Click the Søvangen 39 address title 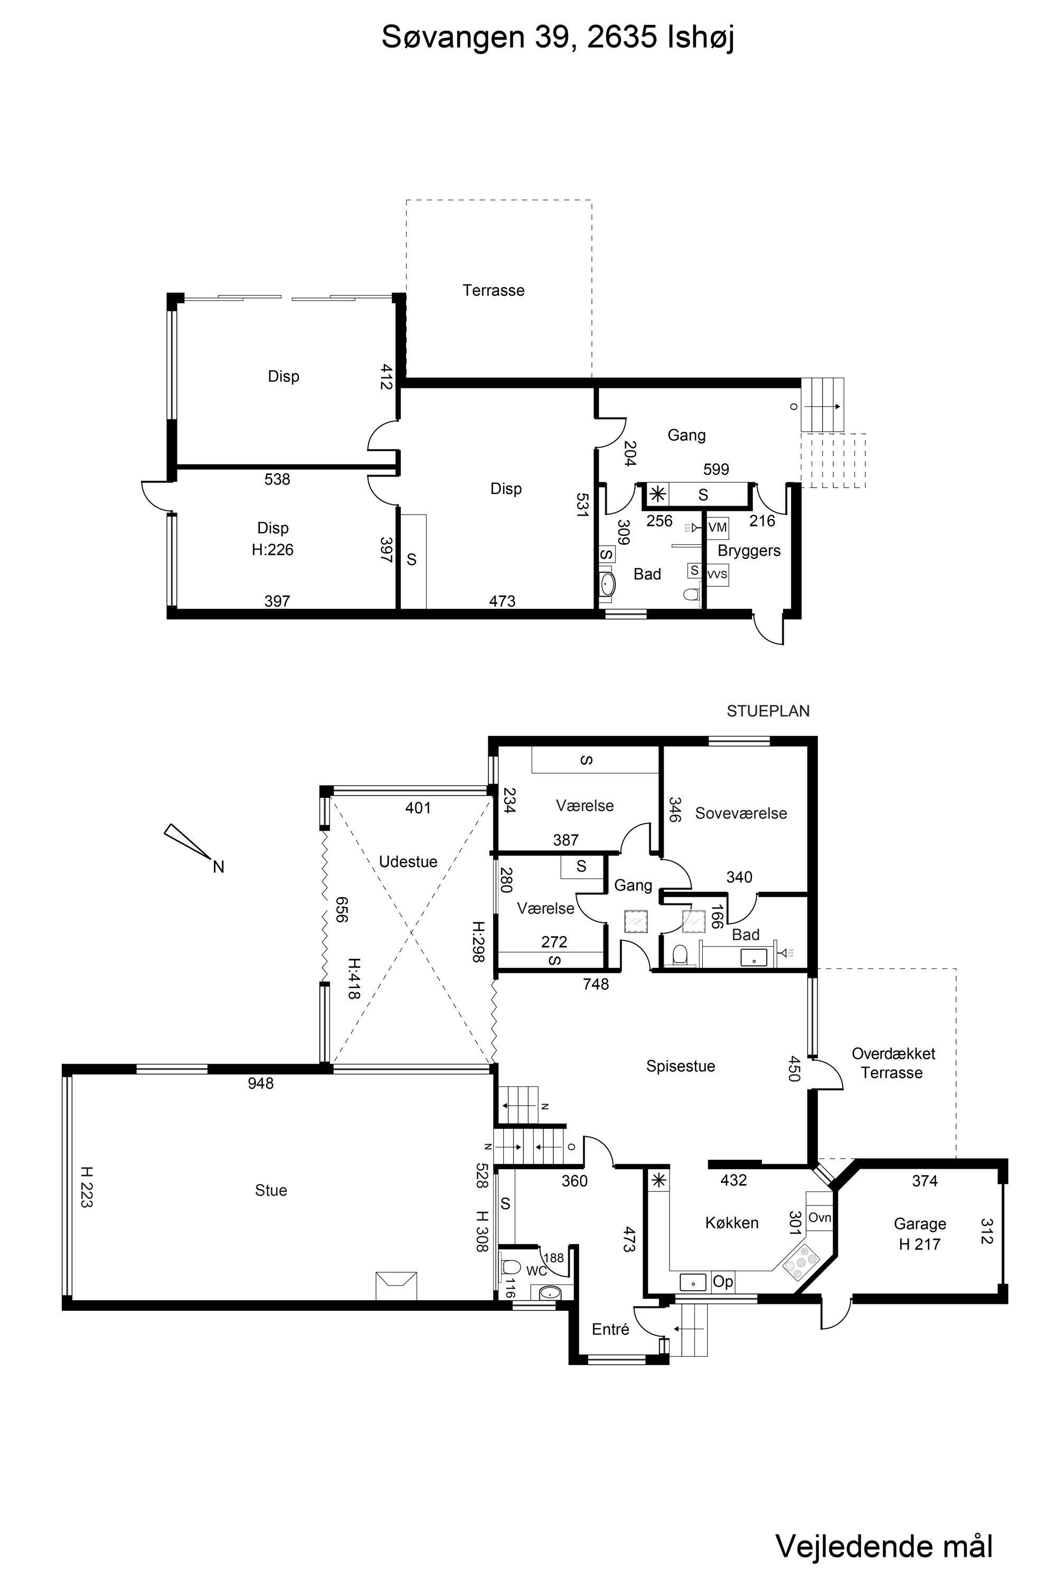point(558,38)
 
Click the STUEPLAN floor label point(768,711)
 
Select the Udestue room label point(408,861)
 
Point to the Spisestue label point(680,1066)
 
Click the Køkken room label point(731,1223)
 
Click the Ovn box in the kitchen point(819,1218)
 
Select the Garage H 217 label point(920,1234)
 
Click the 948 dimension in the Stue point(261,1083)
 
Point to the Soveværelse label point(741,814)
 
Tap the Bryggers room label point(749,551)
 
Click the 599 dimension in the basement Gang point(716,469)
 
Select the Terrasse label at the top point(493,291)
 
